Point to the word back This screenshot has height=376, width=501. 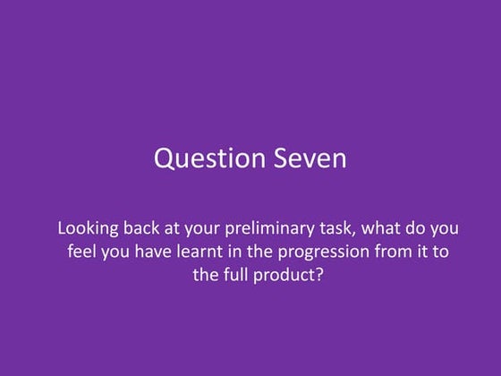pos(140,227)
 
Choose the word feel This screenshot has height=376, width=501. pos(83,251)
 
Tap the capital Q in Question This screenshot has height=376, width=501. pos(163,159)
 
